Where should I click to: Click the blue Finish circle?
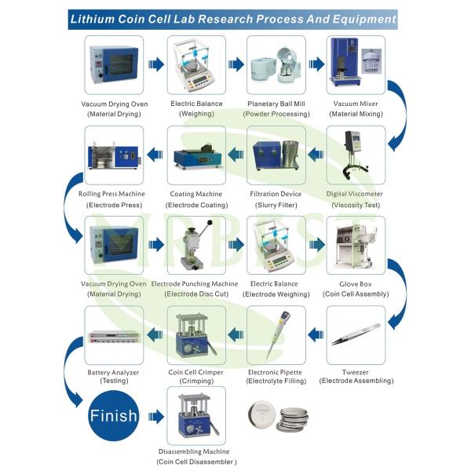[114, 415]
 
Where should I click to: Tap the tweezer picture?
[356, 334]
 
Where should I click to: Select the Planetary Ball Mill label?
[276, 104]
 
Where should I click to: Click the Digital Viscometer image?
[356, 155]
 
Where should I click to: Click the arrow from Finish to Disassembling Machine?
[156, 417]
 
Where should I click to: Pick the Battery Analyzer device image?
[114, 337]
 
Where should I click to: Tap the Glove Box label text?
[356, 284]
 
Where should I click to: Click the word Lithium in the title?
[92, 19]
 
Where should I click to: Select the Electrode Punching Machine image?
[196, 245]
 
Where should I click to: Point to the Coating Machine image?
[197, 157]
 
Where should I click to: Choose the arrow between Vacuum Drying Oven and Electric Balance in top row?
[156, 64]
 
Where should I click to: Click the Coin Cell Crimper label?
[195, 372]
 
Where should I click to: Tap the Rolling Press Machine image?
[114, 155]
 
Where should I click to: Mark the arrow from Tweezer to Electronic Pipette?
[316, 334]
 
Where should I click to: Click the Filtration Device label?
[276, 194]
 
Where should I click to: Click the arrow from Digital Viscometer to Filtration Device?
[316, 155]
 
